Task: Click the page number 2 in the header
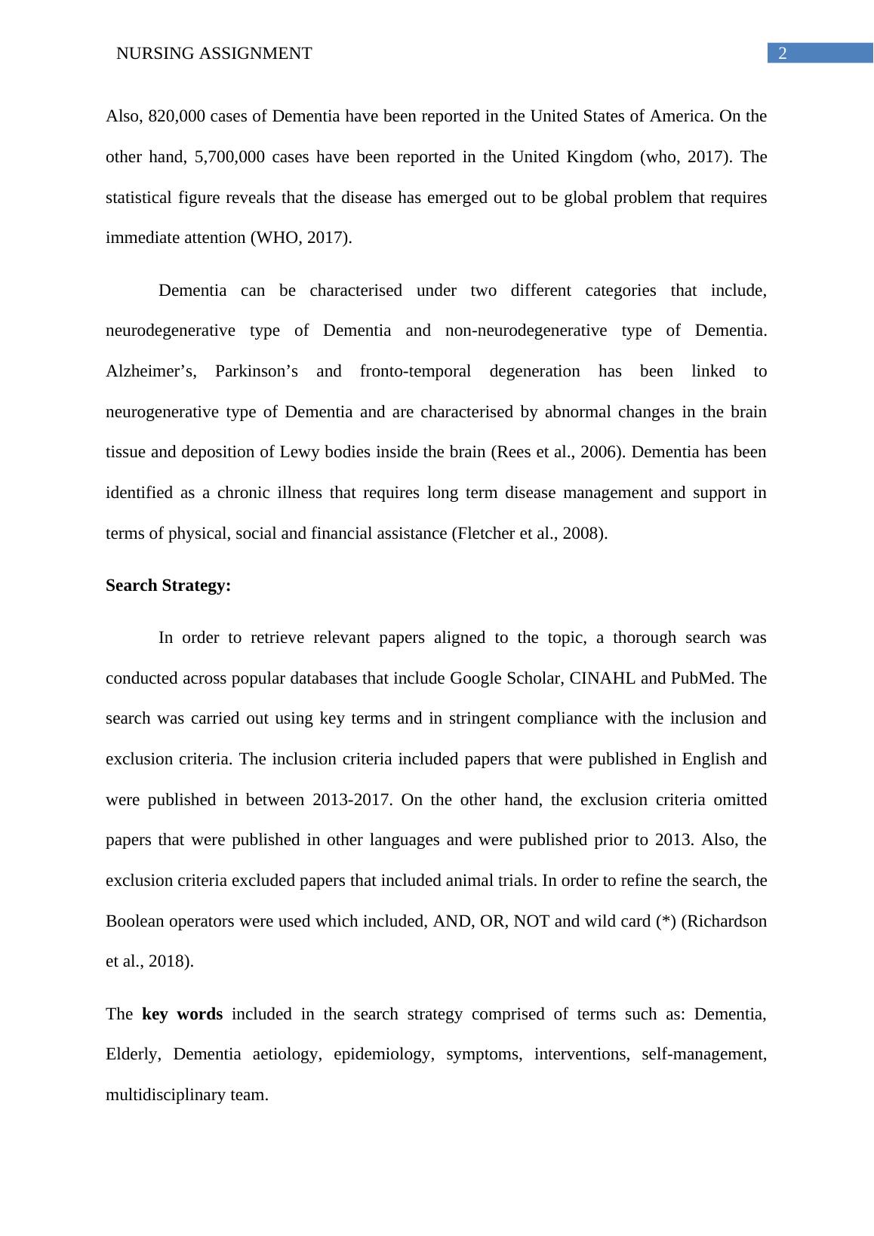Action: click(x=783, y=54)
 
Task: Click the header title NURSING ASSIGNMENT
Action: click(x=214, y=54)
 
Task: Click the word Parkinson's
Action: click(x=256, y=371)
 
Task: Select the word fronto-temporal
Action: click(x=415, y=371)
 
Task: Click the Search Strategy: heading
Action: click(x=168, y=586)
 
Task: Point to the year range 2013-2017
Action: click(x=352, y=800)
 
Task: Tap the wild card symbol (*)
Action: click(x=666, y=921)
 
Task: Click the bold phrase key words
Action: click(x=182, y=1014)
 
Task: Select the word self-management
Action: click(x=703, y=1054)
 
